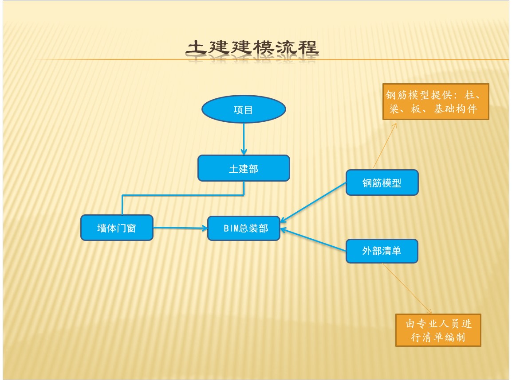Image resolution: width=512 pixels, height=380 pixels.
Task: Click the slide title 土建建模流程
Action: [252, 47]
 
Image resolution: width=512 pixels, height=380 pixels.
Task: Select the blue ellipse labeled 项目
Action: [244, 109]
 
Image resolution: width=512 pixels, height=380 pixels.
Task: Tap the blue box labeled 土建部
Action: [244, 168]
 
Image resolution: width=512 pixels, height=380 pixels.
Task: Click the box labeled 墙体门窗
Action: [117, 228]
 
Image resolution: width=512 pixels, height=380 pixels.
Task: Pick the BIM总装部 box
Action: [244, 228]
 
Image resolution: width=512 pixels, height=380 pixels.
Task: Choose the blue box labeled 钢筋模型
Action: [382, 182]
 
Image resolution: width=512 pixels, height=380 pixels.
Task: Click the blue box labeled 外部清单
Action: [382, 251]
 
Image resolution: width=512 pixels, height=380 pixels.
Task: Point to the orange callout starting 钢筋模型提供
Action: [436, 102]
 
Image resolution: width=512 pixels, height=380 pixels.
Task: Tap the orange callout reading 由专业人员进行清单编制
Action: [438, 330]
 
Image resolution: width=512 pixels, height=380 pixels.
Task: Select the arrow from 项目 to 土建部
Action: [244, 139]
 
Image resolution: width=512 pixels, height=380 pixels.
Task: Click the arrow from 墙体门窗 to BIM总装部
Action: [180, 228]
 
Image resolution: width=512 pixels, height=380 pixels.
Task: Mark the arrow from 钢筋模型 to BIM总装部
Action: [313, 203]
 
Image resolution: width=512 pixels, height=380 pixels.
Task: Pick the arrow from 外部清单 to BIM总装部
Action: [313, 240]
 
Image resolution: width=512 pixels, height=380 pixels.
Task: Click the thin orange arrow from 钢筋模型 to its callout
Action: [385, 145]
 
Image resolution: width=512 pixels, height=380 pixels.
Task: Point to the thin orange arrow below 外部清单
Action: [407, 289]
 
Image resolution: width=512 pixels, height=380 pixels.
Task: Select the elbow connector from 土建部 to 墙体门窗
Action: [183, 195]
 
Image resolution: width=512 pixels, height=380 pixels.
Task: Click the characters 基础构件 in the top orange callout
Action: [455, 109]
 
